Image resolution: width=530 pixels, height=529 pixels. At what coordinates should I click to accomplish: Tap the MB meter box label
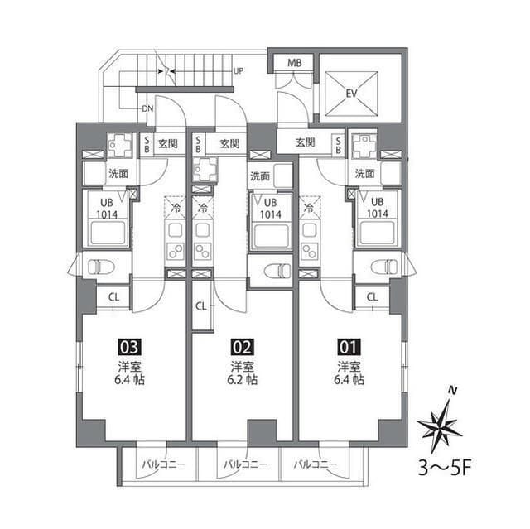point(294,63)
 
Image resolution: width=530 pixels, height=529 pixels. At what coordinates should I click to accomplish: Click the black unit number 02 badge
point(242,347)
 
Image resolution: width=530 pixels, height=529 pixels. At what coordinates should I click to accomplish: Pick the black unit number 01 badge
point(349,347)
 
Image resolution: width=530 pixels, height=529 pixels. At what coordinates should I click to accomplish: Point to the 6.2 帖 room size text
point(243,380)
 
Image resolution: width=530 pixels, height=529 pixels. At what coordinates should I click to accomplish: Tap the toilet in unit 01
point(383,267)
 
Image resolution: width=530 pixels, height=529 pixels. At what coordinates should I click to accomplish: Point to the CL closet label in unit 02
point(201,305)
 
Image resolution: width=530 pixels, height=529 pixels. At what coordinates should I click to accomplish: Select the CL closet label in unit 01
point(372,297)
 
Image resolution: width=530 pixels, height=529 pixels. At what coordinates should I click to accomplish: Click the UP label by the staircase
point(239,71)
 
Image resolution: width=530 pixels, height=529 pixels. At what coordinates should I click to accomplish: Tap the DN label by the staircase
point(147,108)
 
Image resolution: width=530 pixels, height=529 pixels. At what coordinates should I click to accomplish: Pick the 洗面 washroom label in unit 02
point(259,176)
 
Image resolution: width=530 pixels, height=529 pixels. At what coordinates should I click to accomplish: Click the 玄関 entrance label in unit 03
point(168,143)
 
